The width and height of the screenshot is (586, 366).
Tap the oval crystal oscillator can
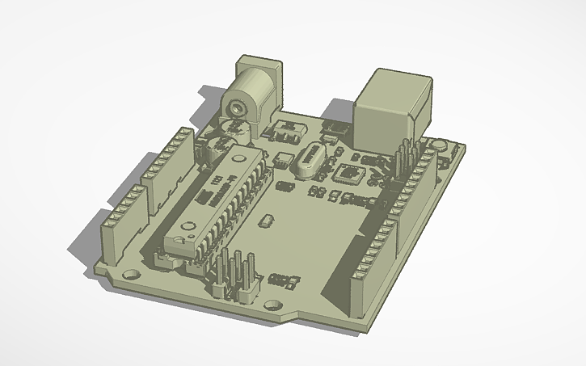coord(308,161)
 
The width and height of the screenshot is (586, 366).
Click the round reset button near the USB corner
coord(439,146)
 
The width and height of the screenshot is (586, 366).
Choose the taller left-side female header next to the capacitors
coord(168,166)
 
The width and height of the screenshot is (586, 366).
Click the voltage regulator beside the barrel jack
coord(287,130)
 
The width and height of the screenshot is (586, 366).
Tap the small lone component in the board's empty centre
coord(263,221)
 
